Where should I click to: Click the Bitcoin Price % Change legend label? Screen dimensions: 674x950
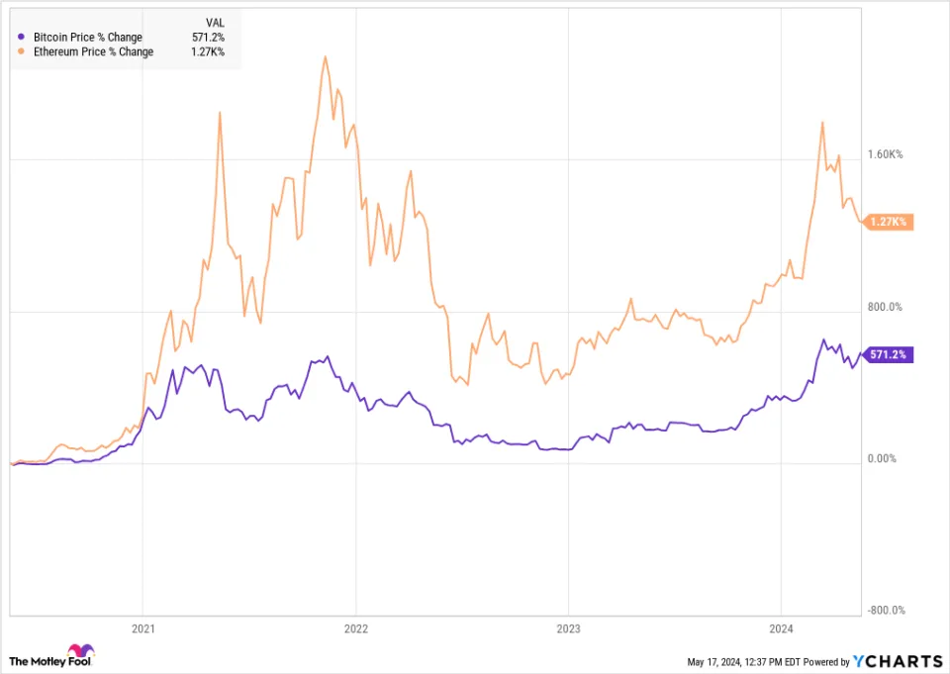pyautogui.click(x=87, y=38)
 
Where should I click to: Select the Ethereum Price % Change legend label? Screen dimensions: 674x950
pyautogui.click(x=93, y=51)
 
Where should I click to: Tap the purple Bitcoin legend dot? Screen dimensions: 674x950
pyautogui.click(x=22, y=38)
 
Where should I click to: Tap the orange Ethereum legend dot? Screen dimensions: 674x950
pyautogui.click(x=22, y=51)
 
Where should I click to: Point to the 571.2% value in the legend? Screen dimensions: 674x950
pyautogui.click(x=208, y=38)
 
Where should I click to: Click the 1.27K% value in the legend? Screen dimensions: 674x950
pyautogui.click(x=208, y=51)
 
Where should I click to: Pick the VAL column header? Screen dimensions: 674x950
pyautogui.click(x=215, y=21)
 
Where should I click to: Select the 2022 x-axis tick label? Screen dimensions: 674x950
pyautogui.click(x=355, y=627)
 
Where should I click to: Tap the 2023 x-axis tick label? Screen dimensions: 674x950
pyautogui.click(x=568, y=627)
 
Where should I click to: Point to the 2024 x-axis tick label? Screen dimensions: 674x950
pyautogui.click(x=781, y=627)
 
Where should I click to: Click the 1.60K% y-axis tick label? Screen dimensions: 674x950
pyautogui.click(x=885, y=154)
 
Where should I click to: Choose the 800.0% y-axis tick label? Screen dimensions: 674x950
pyautogui.click(x=885, y=307)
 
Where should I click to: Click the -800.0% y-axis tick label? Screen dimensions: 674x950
pyautogui.click(x=885, y=612)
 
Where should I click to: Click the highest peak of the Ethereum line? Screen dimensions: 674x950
pyautogui.click(x=325, y=57)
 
